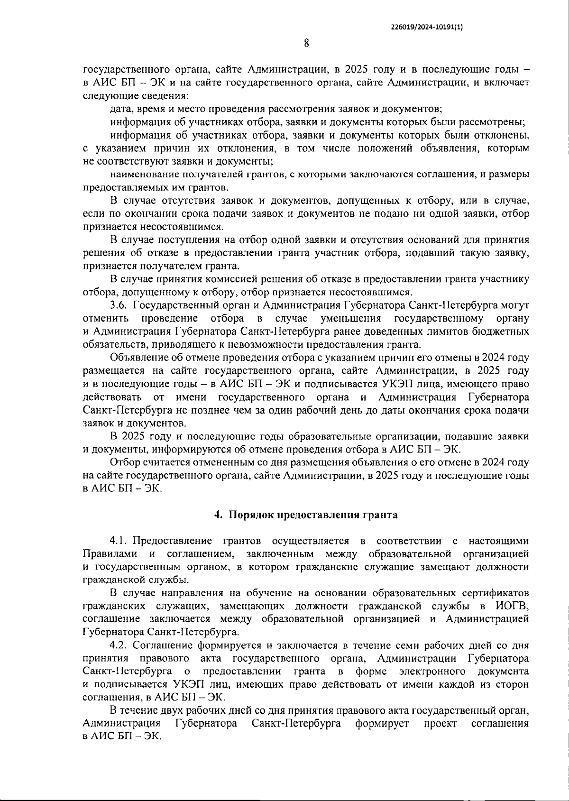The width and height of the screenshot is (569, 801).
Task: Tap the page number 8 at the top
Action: tap(306, 44)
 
